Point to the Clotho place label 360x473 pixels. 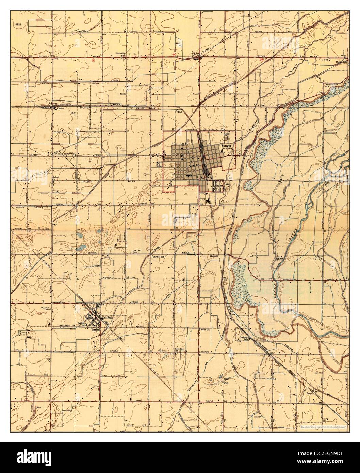pyautogui.click(x=61, y=109)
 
